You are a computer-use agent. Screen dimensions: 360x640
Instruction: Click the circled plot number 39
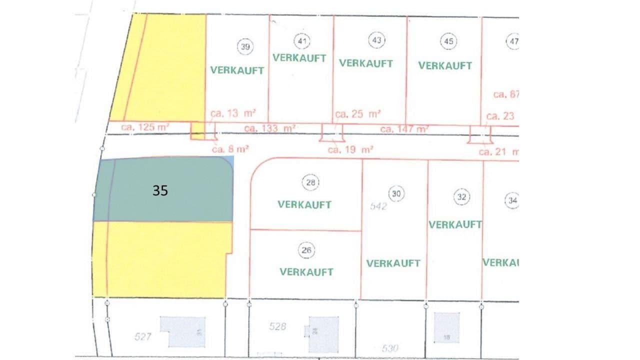(x=245, y=47)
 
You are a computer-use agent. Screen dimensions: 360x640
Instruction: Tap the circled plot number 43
(x=377, y=40)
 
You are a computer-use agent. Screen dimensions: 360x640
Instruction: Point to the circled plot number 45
(x=448, y=41)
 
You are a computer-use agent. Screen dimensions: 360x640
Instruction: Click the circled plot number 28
(x=310, y=183)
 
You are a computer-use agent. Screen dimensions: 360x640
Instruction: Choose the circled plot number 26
(x=307, y=250)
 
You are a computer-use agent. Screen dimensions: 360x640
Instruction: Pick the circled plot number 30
(x=396, y=193)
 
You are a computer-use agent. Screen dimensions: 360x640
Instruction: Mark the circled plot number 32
(x=461, y=197)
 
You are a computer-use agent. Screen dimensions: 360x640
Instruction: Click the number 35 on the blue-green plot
(x=160, y=190)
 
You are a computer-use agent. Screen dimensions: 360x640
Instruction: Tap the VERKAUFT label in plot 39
(x=237, y=70)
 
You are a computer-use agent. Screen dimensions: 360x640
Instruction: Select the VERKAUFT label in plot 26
(x=306, y=272)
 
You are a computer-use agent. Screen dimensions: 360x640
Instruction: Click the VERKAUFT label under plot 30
(x=393, y=263)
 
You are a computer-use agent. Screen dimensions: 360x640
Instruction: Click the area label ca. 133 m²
(x=270, y=128)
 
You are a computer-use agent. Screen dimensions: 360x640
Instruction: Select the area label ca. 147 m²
(x=404, y=129)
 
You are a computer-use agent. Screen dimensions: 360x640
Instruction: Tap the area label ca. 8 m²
(x=230, y=148)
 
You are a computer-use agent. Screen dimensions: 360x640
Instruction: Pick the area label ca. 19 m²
(x=351, y=149)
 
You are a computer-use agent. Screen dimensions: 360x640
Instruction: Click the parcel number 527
(x=142, y=337)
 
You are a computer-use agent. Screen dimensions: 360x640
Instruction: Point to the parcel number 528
(x=277, y=326)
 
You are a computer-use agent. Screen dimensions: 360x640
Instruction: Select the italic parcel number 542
(x=379, y=206)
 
